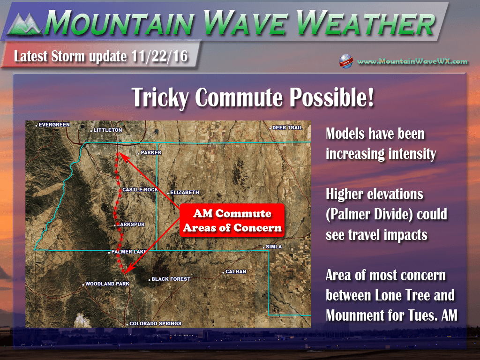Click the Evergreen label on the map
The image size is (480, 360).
point(54,125)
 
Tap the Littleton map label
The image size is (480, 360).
point(107,130)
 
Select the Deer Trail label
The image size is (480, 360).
point(287,127)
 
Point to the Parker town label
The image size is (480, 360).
point(151,152)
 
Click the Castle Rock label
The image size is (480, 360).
point(140,190)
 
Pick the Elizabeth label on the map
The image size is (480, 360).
point(184,192)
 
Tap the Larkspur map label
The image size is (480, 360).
point(131,225)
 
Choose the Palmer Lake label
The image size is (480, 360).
point(129,252)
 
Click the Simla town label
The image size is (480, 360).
point(274,247)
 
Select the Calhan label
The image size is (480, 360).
point(236,271)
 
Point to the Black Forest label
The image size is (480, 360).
point(171,279)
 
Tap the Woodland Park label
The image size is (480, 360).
point(107,284)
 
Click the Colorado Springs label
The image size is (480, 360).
point(155,323)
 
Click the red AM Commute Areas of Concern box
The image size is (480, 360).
point(232,220)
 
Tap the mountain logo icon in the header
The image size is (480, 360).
point(24,24)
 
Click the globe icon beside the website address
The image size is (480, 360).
point(346,61)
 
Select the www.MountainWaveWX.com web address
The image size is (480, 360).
point(412,61)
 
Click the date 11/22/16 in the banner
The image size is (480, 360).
point(159,56)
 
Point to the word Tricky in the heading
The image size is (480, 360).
point(160,97)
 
